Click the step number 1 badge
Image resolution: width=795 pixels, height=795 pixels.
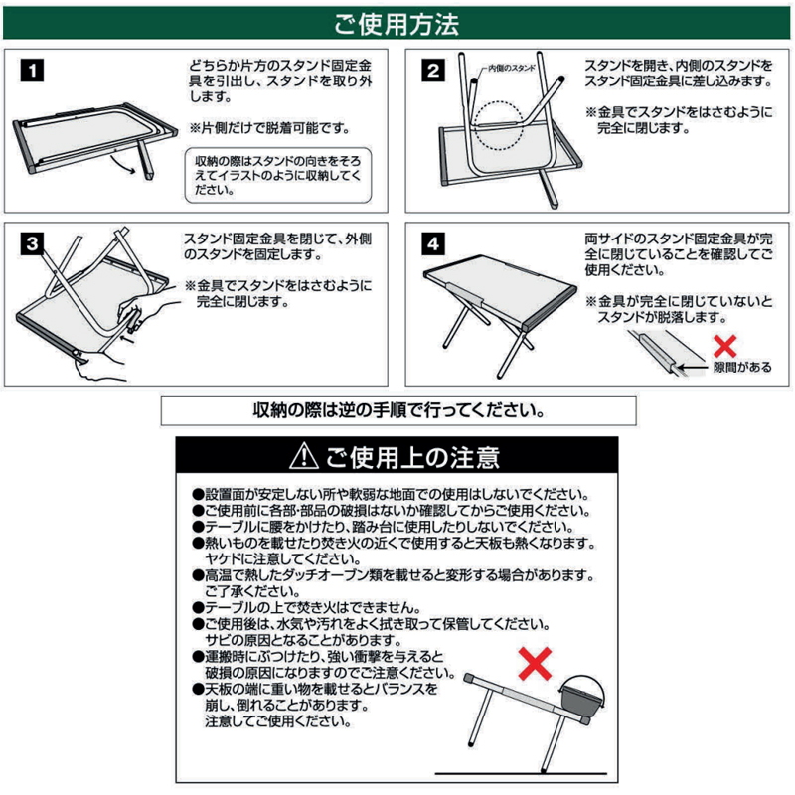32,70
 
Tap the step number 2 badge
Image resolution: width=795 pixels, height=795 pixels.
433,70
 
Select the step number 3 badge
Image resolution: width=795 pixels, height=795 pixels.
32,243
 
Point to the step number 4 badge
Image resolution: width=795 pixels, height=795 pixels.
433,243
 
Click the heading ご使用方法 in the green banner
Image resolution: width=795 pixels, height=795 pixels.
397,24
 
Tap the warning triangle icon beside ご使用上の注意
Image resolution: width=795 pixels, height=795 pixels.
304,455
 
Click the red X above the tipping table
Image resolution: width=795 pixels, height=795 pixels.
535,663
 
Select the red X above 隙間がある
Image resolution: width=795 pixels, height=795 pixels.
724,346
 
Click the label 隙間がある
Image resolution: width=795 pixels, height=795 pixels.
742,367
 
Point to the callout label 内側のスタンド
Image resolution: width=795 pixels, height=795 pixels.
512,68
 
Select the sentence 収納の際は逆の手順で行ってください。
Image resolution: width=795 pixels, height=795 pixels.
399,410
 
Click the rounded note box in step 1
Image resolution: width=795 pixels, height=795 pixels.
278,176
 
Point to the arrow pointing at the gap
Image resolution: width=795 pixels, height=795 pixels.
693,367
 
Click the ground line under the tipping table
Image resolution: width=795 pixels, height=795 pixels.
521,774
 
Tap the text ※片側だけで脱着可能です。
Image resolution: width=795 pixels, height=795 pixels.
269,128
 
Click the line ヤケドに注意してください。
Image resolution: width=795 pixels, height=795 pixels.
283,559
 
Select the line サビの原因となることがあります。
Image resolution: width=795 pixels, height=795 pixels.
303,640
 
